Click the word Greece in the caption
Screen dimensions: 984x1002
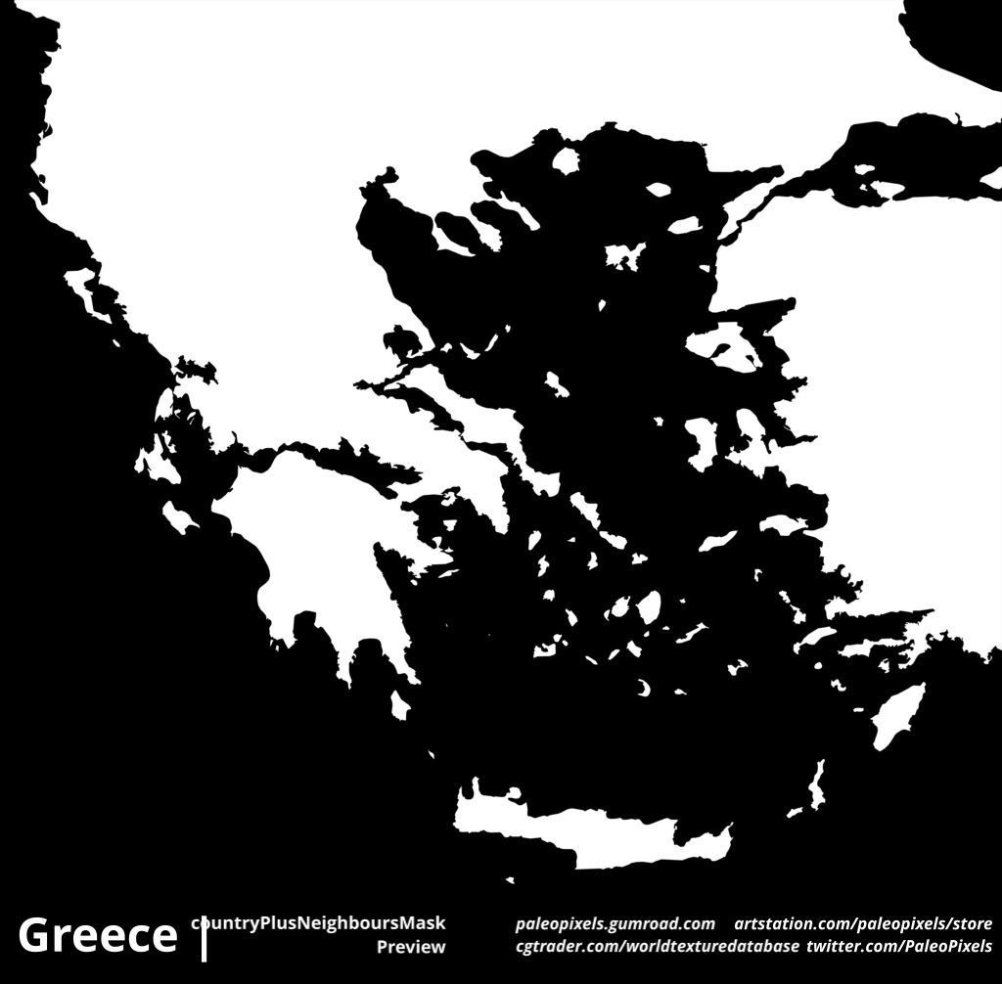point(97,935)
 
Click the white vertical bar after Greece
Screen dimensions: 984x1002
point(205,938)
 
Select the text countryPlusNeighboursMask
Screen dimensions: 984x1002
point(319,922)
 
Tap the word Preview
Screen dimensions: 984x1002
point(411,947)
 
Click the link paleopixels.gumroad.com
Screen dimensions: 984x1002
point(615,923)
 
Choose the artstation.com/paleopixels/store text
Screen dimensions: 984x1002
point(863,923)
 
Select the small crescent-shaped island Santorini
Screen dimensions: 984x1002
point(644,689)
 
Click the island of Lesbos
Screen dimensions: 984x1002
point(724,347)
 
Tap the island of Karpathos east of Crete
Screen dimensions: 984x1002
point(816,783)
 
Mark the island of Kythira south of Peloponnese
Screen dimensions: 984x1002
point(399,705)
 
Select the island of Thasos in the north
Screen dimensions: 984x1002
point(566,160)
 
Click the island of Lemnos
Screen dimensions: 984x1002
point(624,256)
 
